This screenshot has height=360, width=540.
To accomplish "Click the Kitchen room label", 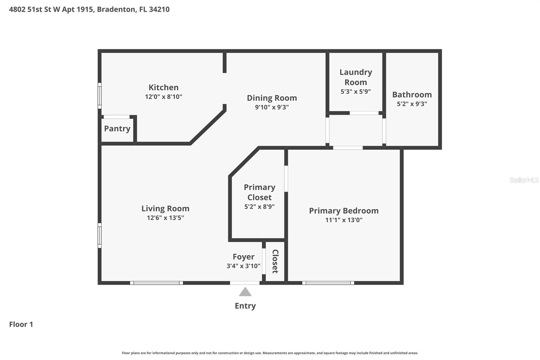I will tap(163, 87).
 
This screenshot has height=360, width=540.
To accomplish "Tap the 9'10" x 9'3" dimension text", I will tap(272, 107).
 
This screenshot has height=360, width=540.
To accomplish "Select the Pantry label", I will tap(117, 129).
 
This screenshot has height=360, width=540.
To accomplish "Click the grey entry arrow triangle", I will tap(245, 292).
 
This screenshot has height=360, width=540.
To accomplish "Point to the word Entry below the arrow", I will tap(245, 306).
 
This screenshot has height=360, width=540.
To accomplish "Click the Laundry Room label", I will tap(356, 77).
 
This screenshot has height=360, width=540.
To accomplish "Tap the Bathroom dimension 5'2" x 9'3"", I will tap(412, 104).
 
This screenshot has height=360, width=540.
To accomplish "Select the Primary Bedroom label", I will tap(344, 211).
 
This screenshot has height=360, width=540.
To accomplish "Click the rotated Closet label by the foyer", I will tap(275, 261).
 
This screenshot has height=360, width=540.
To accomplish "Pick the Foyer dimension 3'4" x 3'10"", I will tap(243, 266).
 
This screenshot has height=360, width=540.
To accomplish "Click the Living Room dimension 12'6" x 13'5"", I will tap(165, 218).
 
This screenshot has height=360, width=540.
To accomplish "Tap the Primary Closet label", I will tap(259, 192).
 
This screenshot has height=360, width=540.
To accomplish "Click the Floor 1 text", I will tap(21, 325).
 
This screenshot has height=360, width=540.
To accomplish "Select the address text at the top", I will tap(89, 9).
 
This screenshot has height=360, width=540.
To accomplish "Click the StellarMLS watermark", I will tap(523, 180).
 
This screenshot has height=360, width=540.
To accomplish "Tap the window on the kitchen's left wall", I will tap(100, 96).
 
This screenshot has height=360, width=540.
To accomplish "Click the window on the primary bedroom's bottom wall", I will tap(328, 283).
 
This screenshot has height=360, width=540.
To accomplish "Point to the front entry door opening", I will tap(245, 283).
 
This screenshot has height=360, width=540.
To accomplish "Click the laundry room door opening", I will tap(364, 113).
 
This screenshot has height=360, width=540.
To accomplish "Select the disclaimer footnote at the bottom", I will tap(270, 353).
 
